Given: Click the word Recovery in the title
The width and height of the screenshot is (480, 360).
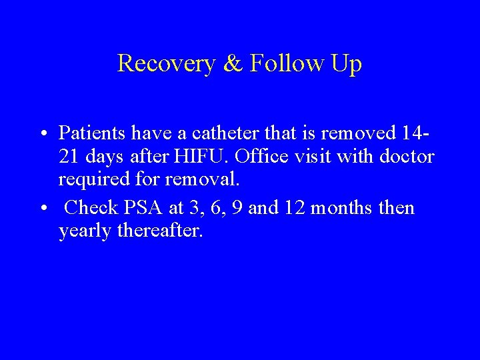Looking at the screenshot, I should pos(166,63).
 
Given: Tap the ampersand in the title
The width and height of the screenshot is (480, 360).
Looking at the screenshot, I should pos(233,63).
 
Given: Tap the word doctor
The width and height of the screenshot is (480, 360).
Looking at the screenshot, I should pos(407,157).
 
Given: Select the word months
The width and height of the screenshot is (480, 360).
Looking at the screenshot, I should pos(342,207).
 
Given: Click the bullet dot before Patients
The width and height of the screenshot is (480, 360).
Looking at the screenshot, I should pos(42,133).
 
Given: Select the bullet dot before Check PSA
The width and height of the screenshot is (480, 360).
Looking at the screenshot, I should pos(42,208).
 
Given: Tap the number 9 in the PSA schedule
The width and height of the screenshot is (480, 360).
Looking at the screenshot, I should pos(253,207).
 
